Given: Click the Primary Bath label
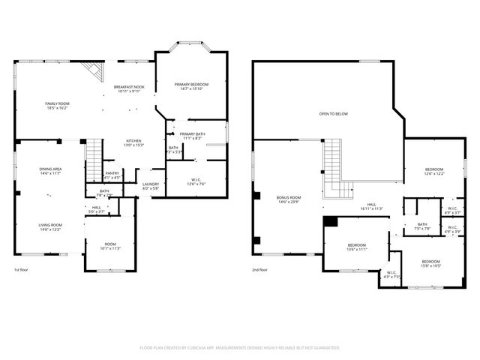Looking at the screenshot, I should [x=192, y=136].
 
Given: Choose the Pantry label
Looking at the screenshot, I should [x=112, y=175].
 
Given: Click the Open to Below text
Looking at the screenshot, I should [x=333, y=114].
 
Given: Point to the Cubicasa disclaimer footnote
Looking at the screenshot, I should [x=240, y=348].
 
